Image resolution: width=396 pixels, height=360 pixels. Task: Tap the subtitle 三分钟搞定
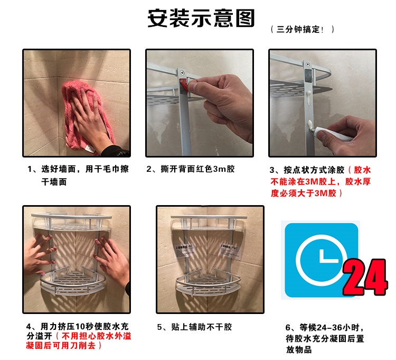[x=298, y=29]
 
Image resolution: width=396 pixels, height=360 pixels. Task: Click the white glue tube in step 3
[x=333, y=134]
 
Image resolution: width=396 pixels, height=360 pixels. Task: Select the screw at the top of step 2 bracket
[x=182, y=73]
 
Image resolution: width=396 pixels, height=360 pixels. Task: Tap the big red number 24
[x=364, y=277]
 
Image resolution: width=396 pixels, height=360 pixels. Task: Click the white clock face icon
[x=321, y=260]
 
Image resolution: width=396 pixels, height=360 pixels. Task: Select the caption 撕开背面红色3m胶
[x=191, y=169]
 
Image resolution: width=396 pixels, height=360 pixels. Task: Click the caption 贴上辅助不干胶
[x=194, y=327]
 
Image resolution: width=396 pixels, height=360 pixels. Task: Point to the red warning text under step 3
[x=320, y=182]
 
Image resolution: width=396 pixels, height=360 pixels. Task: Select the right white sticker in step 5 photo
[x=229, y=250]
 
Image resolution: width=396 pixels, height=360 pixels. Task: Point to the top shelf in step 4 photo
[x=71, y=222]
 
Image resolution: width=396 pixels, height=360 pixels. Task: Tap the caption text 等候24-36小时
[x=325, y=327]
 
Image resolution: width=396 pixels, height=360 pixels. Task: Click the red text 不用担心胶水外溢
[x=96, y=336]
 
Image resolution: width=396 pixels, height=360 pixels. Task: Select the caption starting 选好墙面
[x=78, y=175]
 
